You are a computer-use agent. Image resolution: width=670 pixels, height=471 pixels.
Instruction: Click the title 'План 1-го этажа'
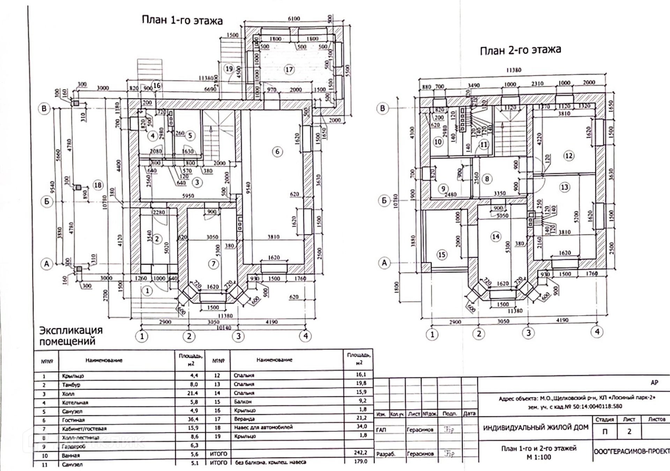pyautogui.click(x=182, y=20)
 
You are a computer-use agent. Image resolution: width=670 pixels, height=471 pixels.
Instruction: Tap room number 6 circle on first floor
pyautogui.click(x=277, y=152)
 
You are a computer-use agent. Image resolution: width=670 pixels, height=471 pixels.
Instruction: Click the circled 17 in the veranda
pyautogui.click(x=289, y=69)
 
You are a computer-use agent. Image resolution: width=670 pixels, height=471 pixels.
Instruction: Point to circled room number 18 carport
pyautogui.click(x=98, y=185)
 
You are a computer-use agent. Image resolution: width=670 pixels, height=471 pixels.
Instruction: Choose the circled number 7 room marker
pyautogui.click(x=214, y=264)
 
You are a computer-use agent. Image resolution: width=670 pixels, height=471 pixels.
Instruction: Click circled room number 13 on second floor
pyautogui.click(x=565, y=187)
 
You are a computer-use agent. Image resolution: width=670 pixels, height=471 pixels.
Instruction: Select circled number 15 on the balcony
pyautogui.click(x=442, y=255)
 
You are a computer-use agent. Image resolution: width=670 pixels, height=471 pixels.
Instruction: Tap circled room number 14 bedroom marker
pyautogui.click(x=496, y=237)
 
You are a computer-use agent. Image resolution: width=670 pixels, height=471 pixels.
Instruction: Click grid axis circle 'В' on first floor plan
pyautogui.click(x=44, y=109)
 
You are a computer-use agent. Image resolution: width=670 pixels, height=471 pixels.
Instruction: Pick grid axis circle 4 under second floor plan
pyautogui.click(x=597, y=331)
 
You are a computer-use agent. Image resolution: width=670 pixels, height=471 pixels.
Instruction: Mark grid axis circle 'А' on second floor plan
pyautogui.click(x=385, y=263)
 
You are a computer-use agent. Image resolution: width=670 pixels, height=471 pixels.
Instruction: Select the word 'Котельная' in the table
pyautogui.click(x=75, y=403)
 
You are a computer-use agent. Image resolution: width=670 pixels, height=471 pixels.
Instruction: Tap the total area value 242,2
pyautogui.click(x=360, y=452)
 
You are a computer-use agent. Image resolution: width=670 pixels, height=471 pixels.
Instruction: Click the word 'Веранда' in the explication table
pyautogui.click(x=244, y=419)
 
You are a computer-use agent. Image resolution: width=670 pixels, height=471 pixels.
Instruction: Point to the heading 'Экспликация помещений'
pyautogui.click(x=71, y=336)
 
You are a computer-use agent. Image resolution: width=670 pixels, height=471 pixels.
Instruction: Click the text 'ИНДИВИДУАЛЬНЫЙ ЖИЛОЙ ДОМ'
pyautogui.click(x=535, y=427)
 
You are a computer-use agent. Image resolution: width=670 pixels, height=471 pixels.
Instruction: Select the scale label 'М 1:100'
pyautogui.click(x=538, y=457)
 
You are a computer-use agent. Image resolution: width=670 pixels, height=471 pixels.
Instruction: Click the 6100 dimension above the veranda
pyautogui.click(x=294, y=19)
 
